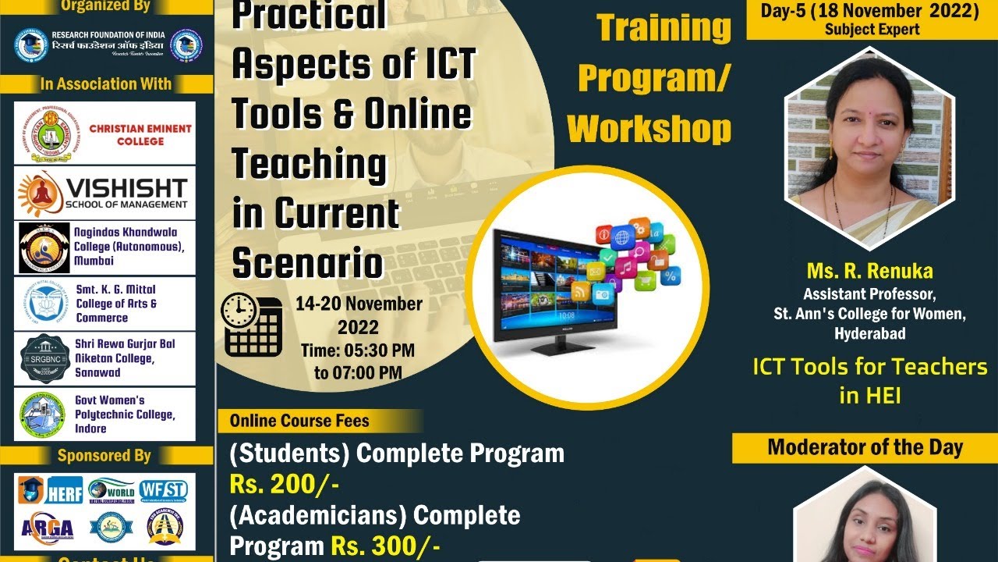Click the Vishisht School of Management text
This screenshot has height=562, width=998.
click(126, 193)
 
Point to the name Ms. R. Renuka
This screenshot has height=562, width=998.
click(869, 272)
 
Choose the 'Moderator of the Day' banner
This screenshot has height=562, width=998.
click(865, 447)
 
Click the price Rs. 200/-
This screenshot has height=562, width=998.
click(284, 484)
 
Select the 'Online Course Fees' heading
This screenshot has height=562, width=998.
click(299, 421)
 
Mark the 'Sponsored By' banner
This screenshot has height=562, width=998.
click(104, 456)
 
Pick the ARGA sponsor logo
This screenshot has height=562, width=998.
click(48, 528)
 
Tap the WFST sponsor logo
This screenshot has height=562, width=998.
click(163, 490)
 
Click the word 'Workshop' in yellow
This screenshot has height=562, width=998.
click(649, 129)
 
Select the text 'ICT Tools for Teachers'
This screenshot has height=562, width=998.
click(869, 366)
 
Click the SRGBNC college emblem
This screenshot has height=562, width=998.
click(42, 358)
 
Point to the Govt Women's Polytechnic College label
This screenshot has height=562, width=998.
click(125, 414)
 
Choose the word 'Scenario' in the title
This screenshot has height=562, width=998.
click(307, 263)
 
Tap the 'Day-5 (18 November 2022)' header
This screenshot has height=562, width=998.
click(872, 11)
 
